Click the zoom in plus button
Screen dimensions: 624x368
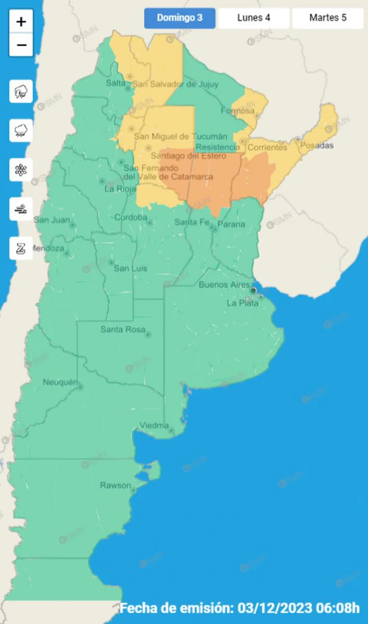point(21,22)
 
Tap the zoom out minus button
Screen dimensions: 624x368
point(21,45)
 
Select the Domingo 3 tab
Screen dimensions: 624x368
point(180,18)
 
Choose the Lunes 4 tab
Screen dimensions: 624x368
point(253,18)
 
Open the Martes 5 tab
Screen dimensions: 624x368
point(327,18)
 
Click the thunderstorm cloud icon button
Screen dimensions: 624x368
point(21,92)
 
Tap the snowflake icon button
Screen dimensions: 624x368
point(21,170)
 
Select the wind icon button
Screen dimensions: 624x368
point(21,209)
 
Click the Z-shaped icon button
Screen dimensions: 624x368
point(21,249)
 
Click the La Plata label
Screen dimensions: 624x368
point(243,303)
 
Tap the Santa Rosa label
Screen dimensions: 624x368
point(122,329)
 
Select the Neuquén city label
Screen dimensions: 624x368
point(60,383)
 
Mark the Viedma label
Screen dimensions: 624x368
point(154,426)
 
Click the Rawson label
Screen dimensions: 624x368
point(116,485)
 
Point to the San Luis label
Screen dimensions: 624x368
point(130,268)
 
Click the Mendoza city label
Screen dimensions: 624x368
point(48,249)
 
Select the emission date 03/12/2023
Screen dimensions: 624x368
point(274,607)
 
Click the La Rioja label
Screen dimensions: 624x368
point(120,189)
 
